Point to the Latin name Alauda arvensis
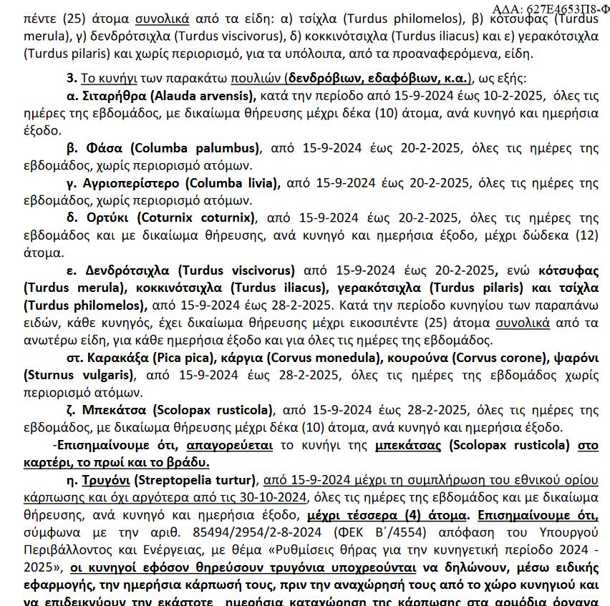(207, 96)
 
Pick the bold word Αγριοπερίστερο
(131, 183)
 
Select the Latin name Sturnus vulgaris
(79, 374)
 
